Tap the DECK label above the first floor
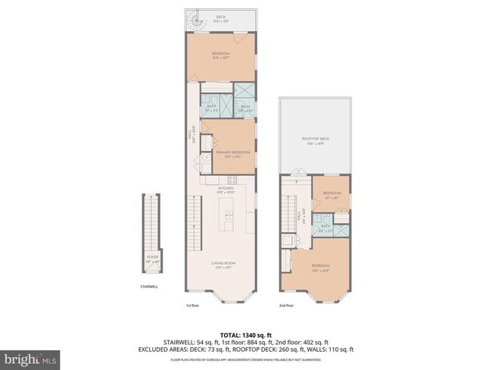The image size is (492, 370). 221,16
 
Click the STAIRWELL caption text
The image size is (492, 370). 149,287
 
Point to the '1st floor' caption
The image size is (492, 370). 193,306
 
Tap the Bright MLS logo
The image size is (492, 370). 30,357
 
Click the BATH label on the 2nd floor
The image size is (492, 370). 325,226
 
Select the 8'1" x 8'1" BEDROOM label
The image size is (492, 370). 332,195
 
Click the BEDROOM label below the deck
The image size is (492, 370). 220,55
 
